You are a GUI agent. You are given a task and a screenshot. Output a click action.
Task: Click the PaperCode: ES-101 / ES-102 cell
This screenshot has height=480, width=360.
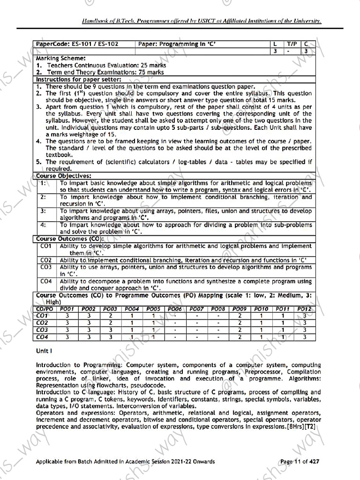coord(77,44)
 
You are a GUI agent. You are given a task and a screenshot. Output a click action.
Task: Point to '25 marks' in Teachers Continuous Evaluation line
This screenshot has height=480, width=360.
coord(150,65)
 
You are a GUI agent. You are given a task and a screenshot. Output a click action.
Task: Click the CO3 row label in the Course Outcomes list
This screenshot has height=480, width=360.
coord(46,267)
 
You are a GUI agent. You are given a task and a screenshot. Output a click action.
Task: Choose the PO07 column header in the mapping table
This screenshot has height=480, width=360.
coord(196,309)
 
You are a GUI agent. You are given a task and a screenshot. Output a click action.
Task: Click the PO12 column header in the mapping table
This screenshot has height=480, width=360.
coord(304,309)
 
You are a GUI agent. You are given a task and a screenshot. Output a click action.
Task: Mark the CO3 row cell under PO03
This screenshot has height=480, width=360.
coord(110,330)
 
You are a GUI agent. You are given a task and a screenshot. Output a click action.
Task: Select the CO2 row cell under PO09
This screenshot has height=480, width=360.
coord(240,323)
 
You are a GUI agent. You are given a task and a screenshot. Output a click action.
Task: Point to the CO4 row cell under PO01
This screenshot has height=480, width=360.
coord(67,337)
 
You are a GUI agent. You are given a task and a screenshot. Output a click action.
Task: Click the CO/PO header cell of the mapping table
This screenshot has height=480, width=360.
coord(45,309)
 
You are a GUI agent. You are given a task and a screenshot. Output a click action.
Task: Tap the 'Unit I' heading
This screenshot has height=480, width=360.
coord(44,351)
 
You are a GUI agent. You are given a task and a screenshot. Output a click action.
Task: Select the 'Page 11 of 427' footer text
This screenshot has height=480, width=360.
coord(300,462)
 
